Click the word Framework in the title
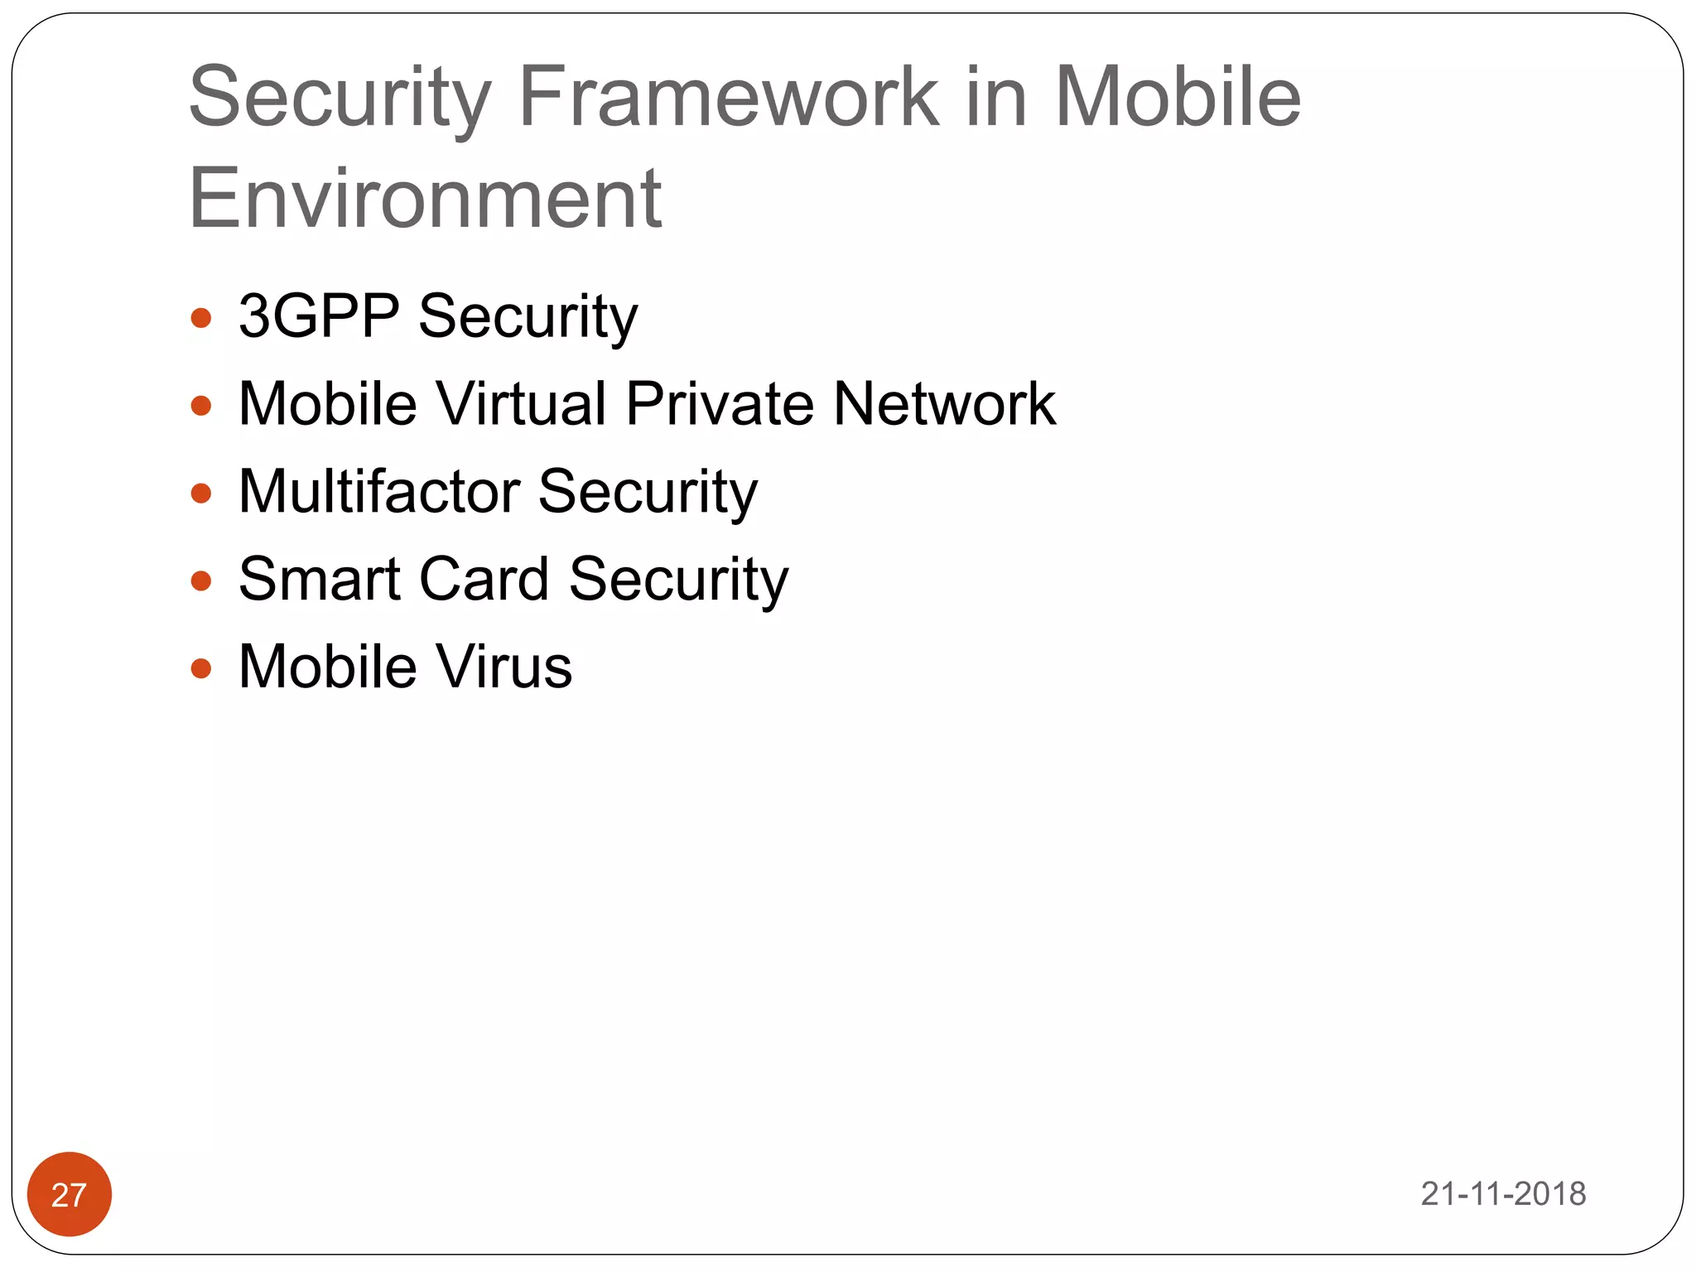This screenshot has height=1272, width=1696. (x=729, y=97)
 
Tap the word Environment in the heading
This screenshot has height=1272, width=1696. (x=425, y=199)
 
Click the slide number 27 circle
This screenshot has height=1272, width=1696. (x=70, y=1194)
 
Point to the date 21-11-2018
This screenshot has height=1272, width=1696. (x=1503, y=1193)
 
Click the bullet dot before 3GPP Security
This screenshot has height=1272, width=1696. (x=201, y=318)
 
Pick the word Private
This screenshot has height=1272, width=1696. (x=720, y=404)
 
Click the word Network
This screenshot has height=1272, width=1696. (x=945, y=404)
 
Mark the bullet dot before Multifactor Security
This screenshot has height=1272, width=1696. (x=201, y=494)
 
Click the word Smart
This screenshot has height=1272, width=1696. (x=319, y=579)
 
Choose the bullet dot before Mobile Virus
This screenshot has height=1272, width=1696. (x=201, y=668)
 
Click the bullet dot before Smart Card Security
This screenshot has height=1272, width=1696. (x=201, y=581)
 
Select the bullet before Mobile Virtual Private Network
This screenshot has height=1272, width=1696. (x=201, y=406)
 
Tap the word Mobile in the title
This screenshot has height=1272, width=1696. (x=1177, y=97)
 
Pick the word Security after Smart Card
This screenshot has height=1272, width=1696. (x=678, y=581)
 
